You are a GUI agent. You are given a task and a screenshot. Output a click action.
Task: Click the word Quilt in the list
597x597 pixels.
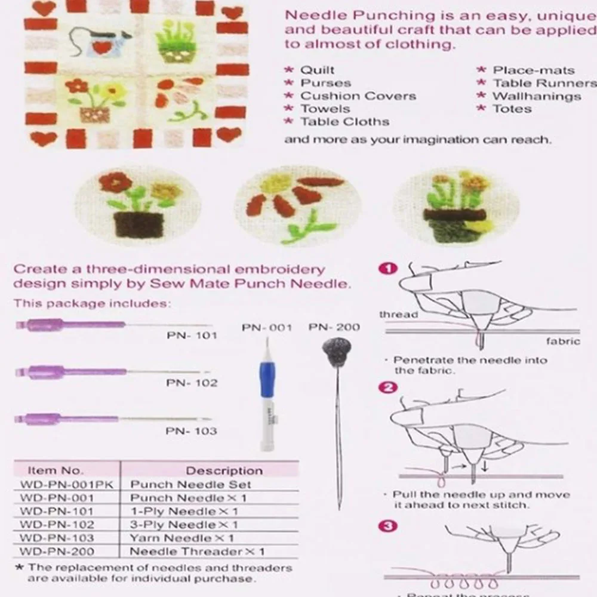coord(317,70)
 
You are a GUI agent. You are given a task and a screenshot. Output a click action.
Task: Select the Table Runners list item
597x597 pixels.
coord(544,84)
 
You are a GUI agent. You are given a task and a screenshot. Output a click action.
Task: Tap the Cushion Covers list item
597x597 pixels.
coord(358,96)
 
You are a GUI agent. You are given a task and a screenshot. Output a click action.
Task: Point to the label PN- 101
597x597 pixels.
coord(192,336)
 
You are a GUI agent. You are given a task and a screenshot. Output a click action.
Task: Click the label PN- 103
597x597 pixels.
coord(191,431)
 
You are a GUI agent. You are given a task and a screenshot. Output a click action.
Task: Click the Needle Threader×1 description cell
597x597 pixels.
coord(197,552)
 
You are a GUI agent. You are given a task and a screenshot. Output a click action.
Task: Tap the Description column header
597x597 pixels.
coord(224,470)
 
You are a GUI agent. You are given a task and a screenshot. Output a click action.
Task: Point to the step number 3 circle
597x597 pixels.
coord(389,525)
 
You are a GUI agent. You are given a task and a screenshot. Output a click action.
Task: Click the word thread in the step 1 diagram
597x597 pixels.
coord(398,315)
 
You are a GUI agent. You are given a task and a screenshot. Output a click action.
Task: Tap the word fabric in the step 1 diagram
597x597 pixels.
coord(563,341)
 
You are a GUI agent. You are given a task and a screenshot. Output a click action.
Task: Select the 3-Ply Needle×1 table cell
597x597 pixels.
coord(184,525)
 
